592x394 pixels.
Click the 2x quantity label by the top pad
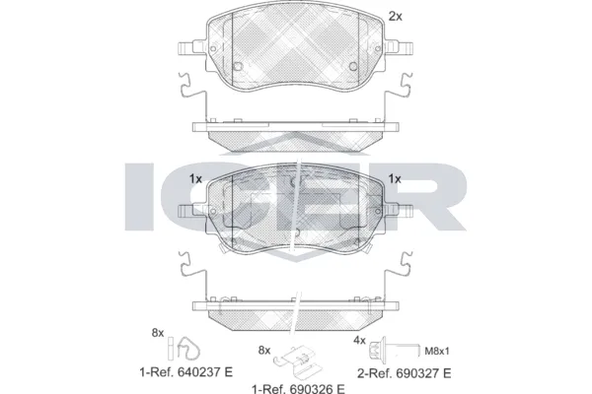tap(396, 16)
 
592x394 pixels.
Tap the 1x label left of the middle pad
tap(195, 178)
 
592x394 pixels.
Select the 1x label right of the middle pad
tap(396, 178)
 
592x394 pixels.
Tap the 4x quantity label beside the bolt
tap(360, 341)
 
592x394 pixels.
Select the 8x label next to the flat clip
tap(263, 350)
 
